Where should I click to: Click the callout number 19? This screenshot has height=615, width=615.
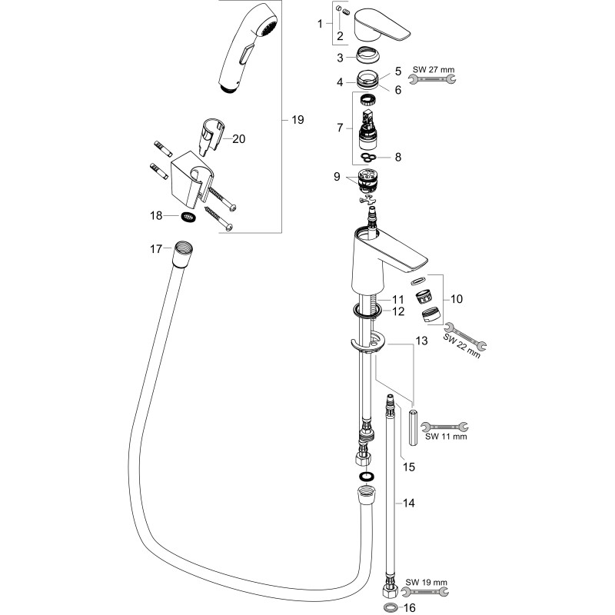[298, 120]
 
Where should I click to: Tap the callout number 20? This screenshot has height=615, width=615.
[238, 139]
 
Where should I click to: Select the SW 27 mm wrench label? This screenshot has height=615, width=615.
[434, 70]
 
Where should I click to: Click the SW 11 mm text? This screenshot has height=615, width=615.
[446, 436]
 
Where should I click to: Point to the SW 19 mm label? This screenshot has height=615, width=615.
[427, 583]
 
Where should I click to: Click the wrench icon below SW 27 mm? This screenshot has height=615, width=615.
[432, 80]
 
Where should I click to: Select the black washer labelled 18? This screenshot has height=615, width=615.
[189, 216]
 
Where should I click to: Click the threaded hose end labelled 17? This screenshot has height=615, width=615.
[183, 254]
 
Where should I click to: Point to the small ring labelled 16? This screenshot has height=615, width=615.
[390, 607]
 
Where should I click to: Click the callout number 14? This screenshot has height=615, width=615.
[409, 503]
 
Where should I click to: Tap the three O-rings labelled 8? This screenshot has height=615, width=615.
[369, 158]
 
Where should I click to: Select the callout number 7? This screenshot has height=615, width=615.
[340, 128]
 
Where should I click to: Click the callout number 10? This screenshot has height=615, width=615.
[456, 299]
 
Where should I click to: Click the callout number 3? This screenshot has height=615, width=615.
[340, 58]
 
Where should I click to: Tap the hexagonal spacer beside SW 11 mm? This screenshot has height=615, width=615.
[412, 427]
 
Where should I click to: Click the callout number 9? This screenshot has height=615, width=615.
[337, 177]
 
